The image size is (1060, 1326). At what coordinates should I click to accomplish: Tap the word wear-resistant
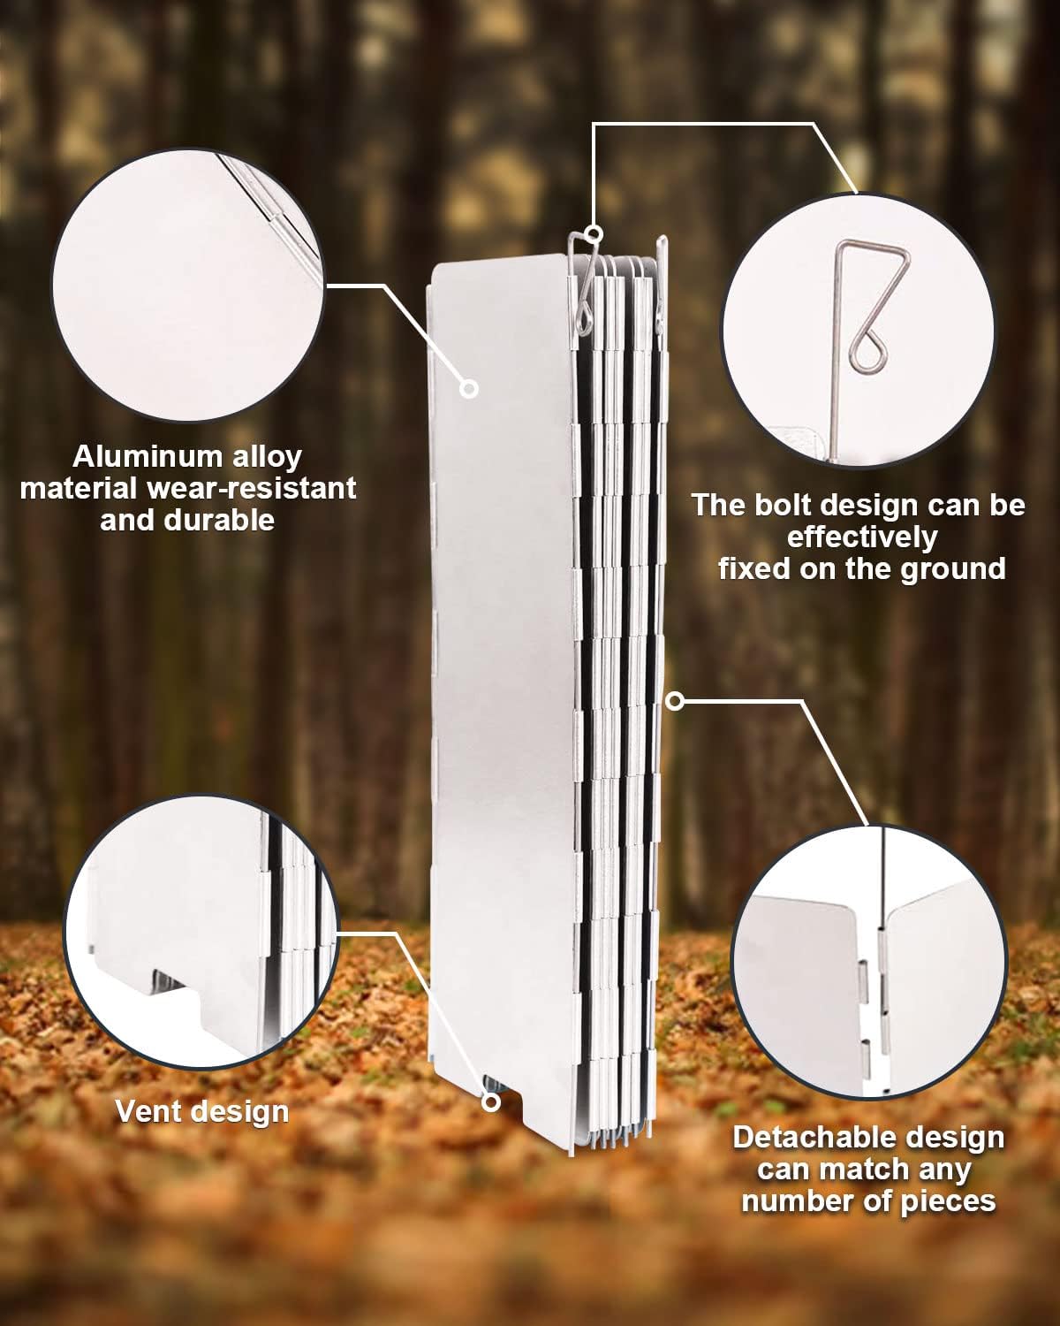pyautogui.click(x=251, y=489)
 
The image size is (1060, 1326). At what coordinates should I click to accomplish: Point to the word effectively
pyautogui.click(x=862, y=537)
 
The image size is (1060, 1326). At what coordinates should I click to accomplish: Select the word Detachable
pyautogui.click(x=811, y=1138)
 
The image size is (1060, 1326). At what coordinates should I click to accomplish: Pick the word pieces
pyautogui.click(x=946, y=1201)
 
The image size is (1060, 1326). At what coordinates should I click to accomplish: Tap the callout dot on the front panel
pyautogui.click(x=469, y=388)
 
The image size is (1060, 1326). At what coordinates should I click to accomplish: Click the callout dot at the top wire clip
pyautogui.click(x=594, y=233)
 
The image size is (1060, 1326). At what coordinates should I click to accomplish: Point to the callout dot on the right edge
pyautogui.click(x=676, y=701)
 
